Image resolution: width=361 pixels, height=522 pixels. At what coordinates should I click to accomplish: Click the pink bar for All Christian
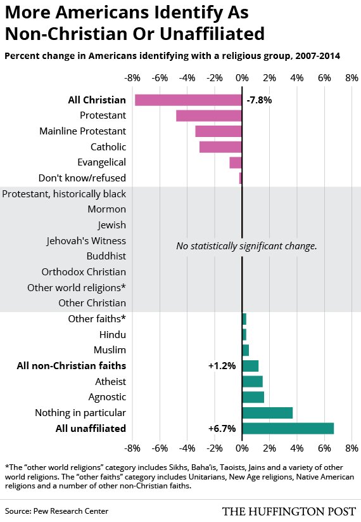click(x=188, y=100)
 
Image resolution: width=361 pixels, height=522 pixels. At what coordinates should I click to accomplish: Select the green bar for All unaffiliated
click(x=288, y=429)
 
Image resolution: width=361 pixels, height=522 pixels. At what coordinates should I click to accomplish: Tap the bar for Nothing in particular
click(x=267, y=413)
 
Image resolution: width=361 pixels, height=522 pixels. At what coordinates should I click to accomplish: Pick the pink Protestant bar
click(x=209, y=115)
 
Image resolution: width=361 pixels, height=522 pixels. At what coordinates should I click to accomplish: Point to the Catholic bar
click(x=220, y=147)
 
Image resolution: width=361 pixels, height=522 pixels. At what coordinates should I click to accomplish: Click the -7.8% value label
click(x=259, y=100)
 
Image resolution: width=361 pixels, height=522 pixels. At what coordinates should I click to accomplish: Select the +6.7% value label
click(x=222, y=429)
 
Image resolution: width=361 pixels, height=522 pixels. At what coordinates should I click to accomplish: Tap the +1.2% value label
click(x=222, y=366)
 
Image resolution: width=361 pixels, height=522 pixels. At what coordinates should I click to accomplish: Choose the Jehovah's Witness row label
click(x=86, y=241)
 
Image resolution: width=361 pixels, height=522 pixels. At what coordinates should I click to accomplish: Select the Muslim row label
click(x=109, y=350)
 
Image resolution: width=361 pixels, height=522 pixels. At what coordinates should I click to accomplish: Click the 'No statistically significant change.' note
click(x=246, y=246)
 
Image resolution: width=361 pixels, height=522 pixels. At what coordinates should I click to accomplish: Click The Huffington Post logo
click(x=288, y=511)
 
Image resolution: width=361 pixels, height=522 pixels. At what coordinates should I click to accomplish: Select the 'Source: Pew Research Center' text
click(x=56, y=511)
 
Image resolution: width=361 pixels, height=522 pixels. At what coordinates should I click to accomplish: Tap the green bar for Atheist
click(x=252, y=382)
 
